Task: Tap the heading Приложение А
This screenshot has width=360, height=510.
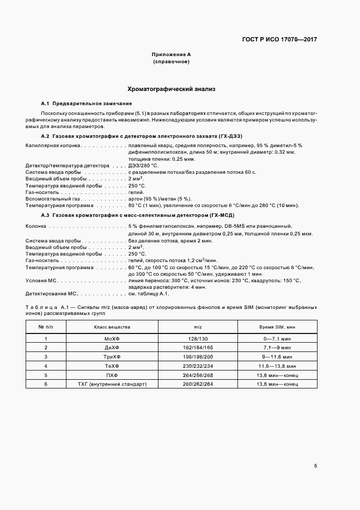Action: tap(171, 55)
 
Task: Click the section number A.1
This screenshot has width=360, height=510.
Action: tap(46, 104)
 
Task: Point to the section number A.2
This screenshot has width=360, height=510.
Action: tap(46, 135)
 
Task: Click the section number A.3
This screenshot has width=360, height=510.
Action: tap(46, 216)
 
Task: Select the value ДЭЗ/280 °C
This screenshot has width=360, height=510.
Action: tap(143, 166)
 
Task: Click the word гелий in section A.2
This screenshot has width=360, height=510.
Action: tap(136, 192)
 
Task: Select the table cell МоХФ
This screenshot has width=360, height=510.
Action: tap(112, 338)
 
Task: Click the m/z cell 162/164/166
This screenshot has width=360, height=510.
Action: tap(198, 347)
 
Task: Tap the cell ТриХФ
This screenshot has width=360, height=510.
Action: tap(112, 356)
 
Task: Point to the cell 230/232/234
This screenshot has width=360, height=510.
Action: tap(198, 366)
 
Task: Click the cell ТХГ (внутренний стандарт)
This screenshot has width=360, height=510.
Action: tap(112, 384)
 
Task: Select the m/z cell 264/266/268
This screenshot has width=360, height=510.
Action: tap(198, 375)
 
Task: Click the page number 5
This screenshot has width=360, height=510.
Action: tap(315, 466)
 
